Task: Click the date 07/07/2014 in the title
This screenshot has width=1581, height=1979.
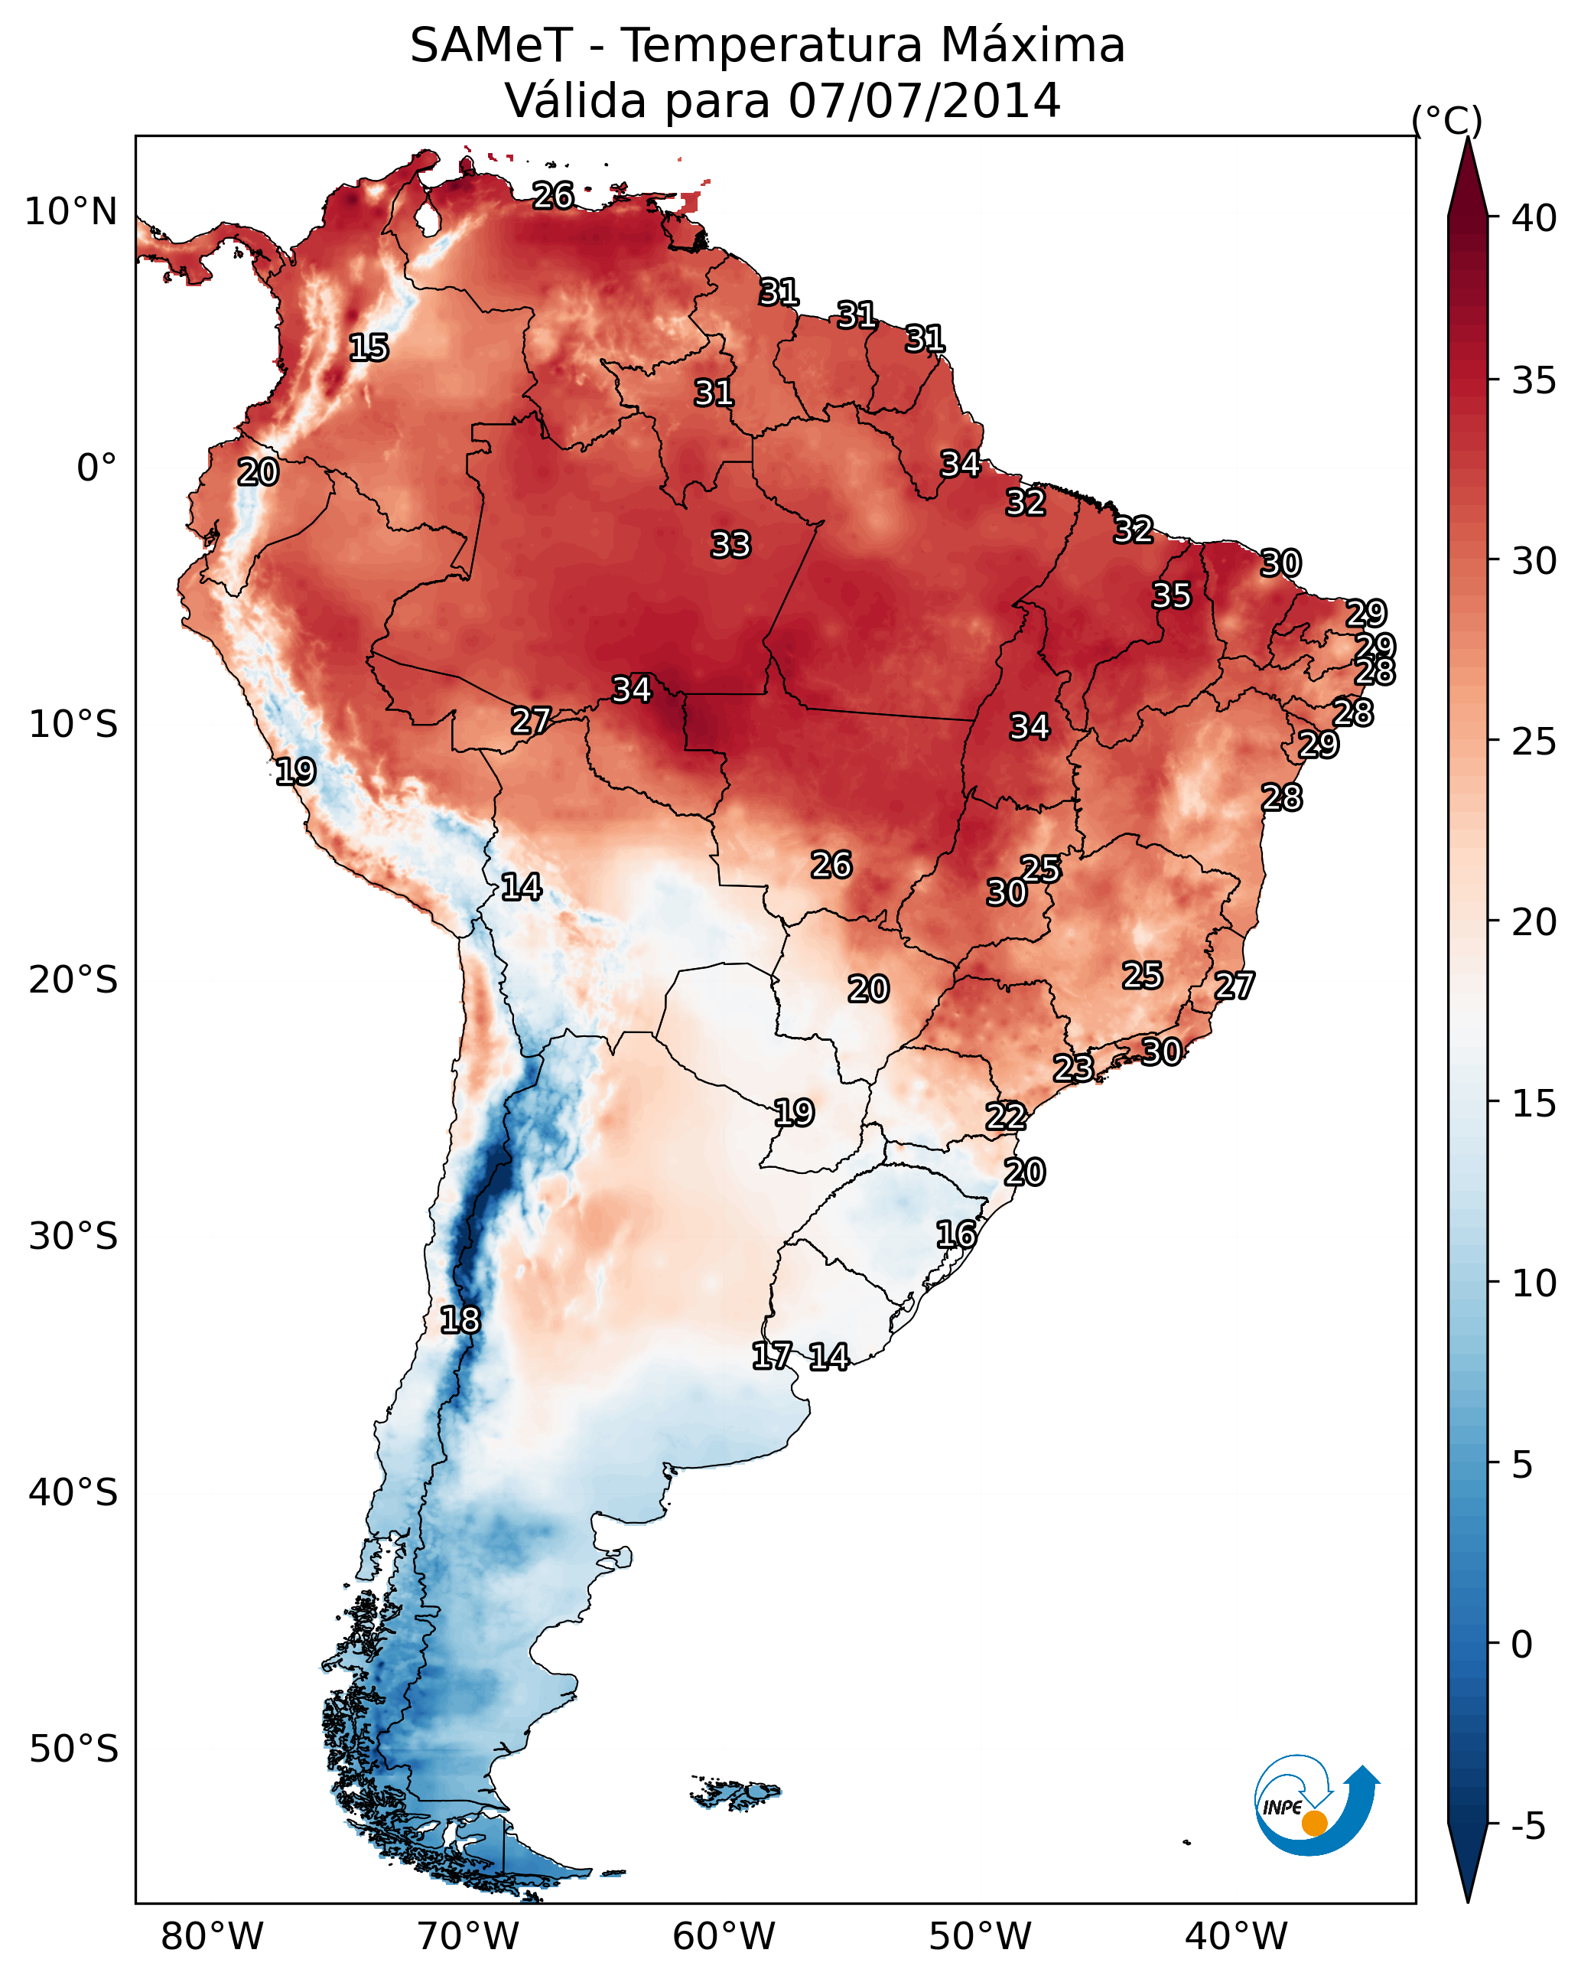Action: (924, 100)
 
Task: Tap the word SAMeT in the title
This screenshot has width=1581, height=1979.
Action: (491, 46)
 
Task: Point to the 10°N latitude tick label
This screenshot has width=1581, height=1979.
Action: (70, 212)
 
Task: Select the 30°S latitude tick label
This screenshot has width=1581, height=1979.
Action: (73, 1237)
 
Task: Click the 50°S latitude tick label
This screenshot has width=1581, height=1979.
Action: (73, 1749)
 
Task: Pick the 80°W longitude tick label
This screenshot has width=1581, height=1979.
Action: (212, 1936)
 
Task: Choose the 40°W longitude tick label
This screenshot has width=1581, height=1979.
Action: (1236, 1936)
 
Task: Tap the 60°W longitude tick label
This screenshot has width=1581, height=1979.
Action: (724, 1936)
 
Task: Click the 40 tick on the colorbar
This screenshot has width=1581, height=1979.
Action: (1534, 218)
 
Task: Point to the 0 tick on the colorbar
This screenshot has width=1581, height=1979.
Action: (1521, 1645)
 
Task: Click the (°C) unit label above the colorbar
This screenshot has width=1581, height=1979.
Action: (1447, 120)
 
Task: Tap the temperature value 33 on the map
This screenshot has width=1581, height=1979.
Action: (731, 544)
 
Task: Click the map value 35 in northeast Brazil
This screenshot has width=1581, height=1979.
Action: (1172, 595)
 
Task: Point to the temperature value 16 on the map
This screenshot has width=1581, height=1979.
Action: (956, 1234)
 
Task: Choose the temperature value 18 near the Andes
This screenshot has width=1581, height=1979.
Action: (460, 1320)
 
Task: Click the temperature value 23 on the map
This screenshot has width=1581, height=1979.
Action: (1072, 1068)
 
